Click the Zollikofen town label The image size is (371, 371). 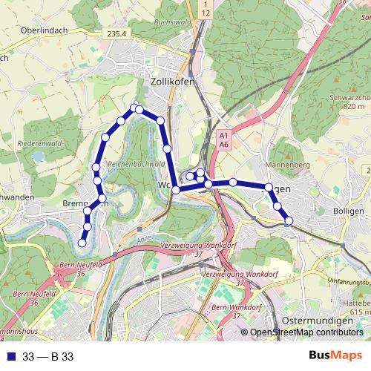(x=172, y=82)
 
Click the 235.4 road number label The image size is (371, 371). (x=117, y=33)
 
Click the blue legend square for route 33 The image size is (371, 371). (x=10, y=357)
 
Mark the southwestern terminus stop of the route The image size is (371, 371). (x=82, y=243)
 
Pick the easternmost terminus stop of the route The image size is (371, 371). (x=289, y=220)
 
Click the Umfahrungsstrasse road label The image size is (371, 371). (x=348, y=282)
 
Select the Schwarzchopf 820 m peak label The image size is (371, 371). (x=352, y=102)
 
